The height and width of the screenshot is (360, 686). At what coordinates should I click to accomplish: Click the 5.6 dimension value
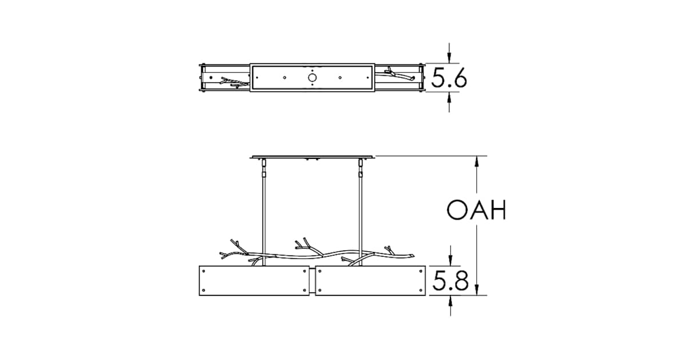click(x=449, y=78)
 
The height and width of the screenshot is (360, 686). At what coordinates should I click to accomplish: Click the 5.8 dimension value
click(x=450, y=281)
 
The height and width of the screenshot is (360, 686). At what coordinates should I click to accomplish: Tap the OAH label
click(x=476, y=211)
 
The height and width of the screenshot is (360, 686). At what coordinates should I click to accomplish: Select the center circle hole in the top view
click(x=312, y=77)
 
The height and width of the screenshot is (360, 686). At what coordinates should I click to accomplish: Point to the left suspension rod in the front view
click(x=264, y=217)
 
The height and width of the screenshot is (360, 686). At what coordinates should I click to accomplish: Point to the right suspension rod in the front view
click(x=361, y=217)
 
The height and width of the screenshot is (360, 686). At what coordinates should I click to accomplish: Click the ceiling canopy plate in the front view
click(x=312, y=157)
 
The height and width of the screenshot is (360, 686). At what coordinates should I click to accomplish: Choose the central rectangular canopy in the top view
click(x=312, y=77)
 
